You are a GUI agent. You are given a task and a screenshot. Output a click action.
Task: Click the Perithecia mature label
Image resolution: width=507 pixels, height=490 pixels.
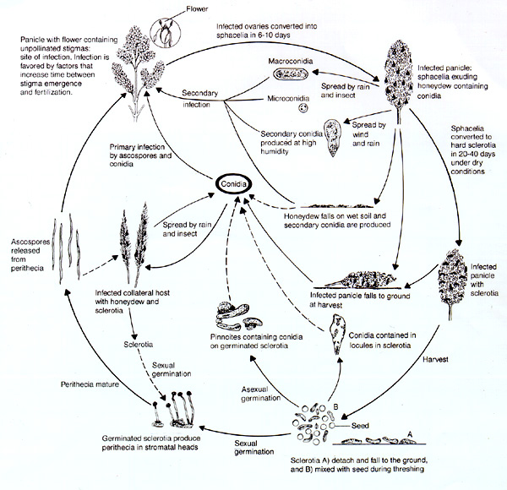click(94, 383)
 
